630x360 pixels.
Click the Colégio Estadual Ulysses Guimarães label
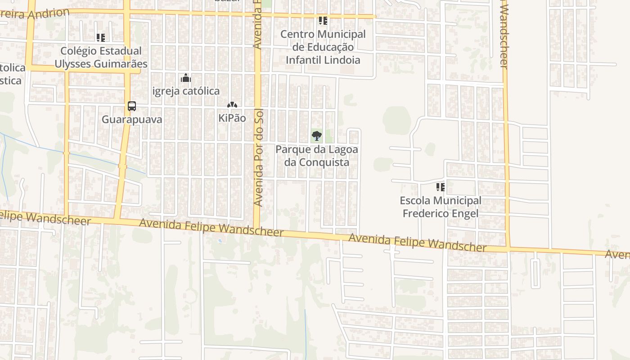pyautogui.click(x=101, y=57)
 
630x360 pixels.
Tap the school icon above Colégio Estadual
pyautogui.click(x=101, y=38)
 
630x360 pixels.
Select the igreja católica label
pyautogui.click(x=186, y=91)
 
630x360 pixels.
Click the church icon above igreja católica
pyautogui.click(x=186, y=78)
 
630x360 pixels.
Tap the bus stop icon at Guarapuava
pyautogui.click(x=131, y=106)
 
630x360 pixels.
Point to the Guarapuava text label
pyautogui.click(x=131, y=120)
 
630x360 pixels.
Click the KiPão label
pyautogui.click(x=232, y=118)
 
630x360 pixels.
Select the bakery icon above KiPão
pyautogui.click(x=232, y=105)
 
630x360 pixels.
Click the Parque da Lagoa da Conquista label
pyautogui.click(x=317, y=155)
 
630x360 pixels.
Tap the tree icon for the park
pyautogui.click(x=317, y=135)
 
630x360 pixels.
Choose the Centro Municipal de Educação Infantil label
pyautogui.click(x=323, y=47)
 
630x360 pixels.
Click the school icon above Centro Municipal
pyautogui.click(x=323, y=21)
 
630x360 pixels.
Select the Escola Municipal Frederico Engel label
pyautogui.click(x=441, y=207)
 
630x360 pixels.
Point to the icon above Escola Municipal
pyautogui.click(x=441, y=187)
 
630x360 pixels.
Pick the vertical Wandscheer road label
pyautogui.click(x=504, y=35)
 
